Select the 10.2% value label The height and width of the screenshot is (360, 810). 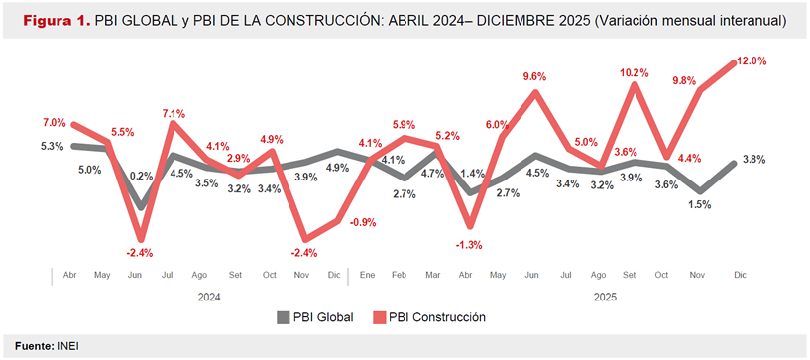[x=634, y=72]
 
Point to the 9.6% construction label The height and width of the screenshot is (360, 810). [x=535, y=76]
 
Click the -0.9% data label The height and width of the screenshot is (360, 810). [x=362, y=222]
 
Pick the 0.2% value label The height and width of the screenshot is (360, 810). [x=142, y=176]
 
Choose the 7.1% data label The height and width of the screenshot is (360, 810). [x=174, y=113]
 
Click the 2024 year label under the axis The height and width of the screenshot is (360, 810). [x=208, y=295]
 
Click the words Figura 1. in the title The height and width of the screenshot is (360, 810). [x=53, y=21]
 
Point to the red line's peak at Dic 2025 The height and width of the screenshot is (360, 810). [x=735, y=63]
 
